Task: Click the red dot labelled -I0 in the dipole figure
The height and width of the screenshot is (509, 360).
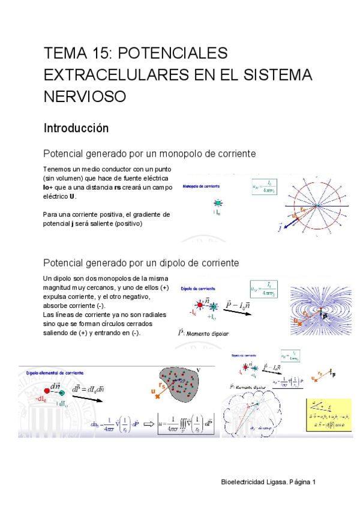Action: pos(197,304)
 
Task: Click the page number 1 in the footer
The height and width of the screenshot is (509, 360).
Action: pos(313,482)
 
